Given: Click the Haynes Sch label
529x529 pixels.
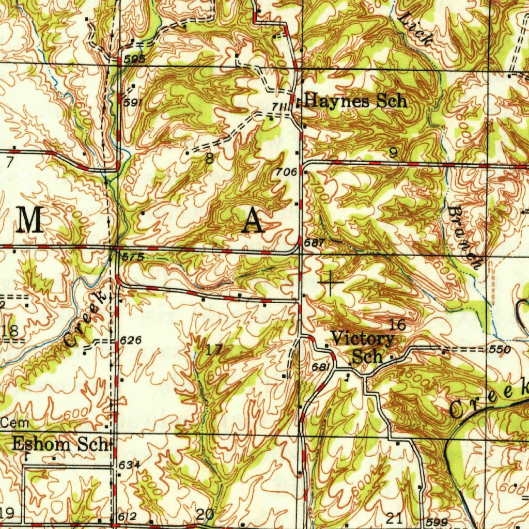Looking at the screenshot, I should tap(355, 100).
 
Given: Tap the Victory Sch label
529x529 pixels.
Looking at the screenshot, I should tap(363, 347).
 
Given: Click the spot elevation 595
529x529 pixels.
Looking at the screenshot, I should tap(135, 59).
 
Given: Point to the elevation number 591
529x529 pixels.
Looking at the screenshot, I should tap(132, 103).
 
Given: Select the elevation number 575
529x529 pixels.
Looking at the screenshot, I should tap(132, 256).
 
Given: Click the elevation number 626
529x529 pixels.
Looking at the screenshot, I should tap(130, 341).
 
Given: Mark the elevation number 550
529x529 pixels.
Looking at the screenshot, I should tap(500, 350).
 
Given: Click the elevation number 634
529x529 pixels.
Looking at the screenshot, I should tap(130, 465).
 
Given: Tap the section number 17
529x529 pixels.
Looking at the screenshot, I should tap(214, 350).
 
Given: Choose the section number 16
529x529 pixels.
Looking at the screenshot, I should tap(398, 325).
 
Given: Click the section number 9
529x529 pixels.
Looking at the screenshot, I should tap(394, 152).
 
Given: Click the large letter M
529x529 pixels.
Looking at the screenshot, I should tap(30, 221).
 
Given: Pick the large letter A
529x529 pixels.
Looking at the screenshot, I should tap(253, 221).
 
